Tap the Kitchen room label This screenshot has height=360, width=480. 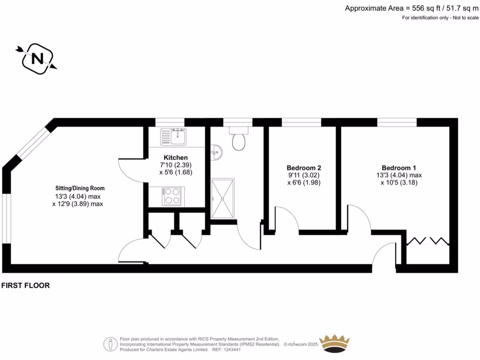pyautogui.click(x=175, y=157)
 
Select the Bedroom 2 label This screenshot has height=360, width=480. pyautogui.click(x=304, y=167)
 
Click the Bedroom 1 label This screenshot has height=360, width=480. pyautogui.click(x=398, y=167)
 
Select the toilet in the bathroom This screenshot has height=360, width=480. pyautogui.click(x=238, y=139)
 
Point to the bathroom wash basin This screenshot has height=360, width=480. pyautogui.click(x=216, y=151)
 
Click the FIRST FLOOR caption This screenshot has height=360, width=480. pyautogui.click(x=25, y=285)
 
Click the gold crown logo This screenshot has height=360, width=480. pyautogui.click(x=334, y=344)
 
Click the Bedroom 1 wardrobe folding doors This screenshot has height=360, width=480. pyautogui.click(x=427, y=241)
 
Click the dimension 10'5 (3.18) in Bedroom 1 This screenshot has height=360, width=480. pyautogui.click(x=398, y=182)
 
